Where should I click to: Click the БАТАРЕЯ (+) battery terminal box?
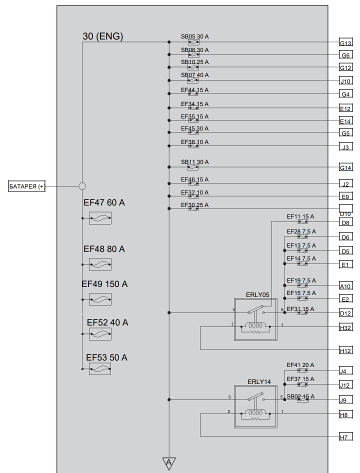pos(26,186)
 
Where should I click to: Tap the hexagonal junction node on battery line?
pos(82,186)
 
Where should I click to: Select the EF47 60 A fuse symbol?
pos(100,218)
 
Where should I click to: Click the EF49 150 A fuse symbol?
pos(100,299)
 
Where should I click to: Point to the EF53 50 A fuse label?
pos(106,357)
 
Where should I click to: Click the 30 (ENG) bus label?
pos(103,36)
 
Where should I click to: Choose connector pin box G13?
pos(346,43)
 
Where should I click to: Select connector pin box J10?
pos(346,81)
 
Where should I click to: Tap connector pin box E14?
pos(346,121)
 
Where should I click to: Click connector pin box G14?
pos(346,167)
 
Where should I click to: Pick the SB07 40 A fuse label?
pos(194,75)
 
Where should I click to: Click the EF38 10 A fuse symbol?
pos(193,146)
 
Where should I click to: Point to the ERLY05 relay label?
pos(257,294)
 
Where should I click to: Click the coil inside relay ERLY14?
pos(255,412)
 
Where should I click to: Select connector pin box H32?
pos(346,328)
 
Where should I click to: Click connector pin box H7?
pos(346,437)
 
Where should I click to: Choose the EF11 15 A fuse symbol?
pos(302,221)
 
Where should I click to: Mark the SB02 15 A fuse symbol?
pos(303,399)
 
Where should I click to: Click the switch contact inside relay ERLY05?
pos(256,309)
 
